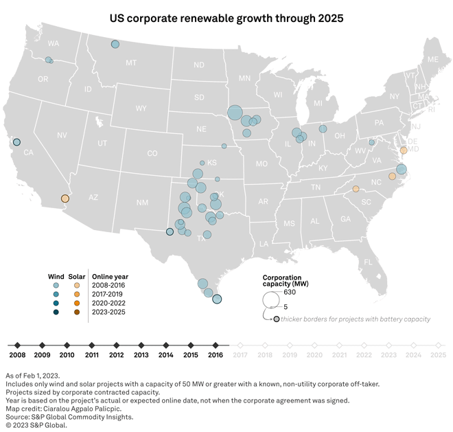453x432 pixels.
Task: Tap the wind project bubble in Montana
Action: pyautogui.click(x=115, y=45)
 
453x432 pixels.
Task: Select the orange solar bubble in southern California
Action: pyautogui.click(x=65, y=198)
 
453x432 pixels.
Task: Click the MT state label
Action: pyautogui.click(x=131, y=62)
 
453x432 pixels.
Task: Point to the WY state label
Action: pyautogui.click(x=141, y=109)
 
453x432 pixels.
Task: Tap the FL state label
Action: pyautogui.click(x=368, y=262)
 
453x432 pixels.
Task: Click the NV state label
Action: pyautogui.click(x=62, y=135)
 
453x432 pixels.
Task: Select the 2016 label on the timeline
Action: pyautogui.click(x=216, y=355)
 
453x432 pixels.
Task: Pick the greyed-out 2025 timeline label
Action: pyautogui.click(x=437, y=355)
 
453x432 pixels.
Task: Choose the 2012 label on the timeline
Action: pyautogui.click(x=116, y=355)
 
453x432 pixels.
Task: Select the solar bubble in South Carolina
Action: pyautogui.click(x=356, y=189)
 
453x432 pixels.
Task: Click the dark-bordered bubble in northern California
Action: pyautogui.click(x=17, y=142)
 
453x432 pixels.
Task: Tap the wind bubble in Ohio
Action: pyautogui.click(x=323, y=128)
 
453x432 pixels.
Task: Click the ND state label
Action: pyautogui.click(x=198, y=65)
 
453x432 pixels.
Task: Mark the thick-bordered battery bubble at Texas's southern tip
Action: pyautogui.click(x=217, y=299)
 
